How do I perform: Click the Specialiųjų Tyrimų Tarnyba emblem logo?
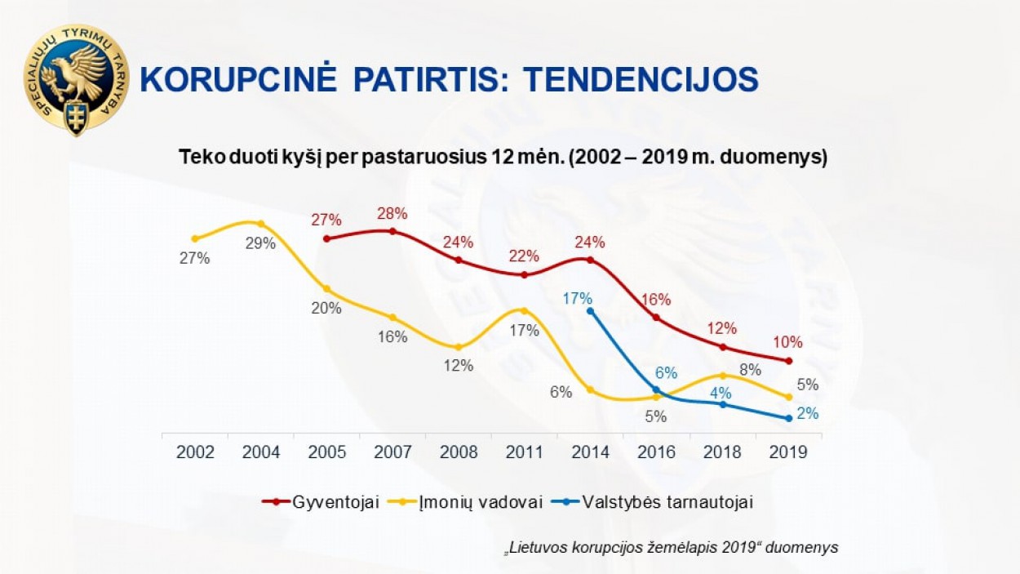76,79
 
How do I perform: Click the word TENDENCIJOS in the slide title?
641,80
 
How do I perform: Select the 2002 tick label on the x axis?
195,452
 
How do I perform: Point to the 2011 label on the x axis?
524,452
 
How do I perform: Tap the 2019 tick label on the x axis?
787,452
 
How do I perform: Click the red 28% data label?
392,214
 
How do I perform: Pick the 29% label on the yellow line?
261,243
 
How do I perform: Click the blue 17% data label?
577,298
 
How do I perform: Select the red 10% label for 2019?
787,342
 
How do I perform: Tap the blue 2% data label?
807,414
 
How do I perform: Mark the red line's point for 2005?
326,238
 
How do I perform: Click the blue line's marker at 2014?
590,311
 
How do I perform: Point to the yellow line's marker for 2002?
195,238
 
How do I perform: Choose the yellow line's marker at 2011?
524,311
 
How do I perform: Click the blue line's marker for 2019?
788,418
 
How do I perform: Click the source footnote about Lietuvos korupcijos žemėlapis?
671,547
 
